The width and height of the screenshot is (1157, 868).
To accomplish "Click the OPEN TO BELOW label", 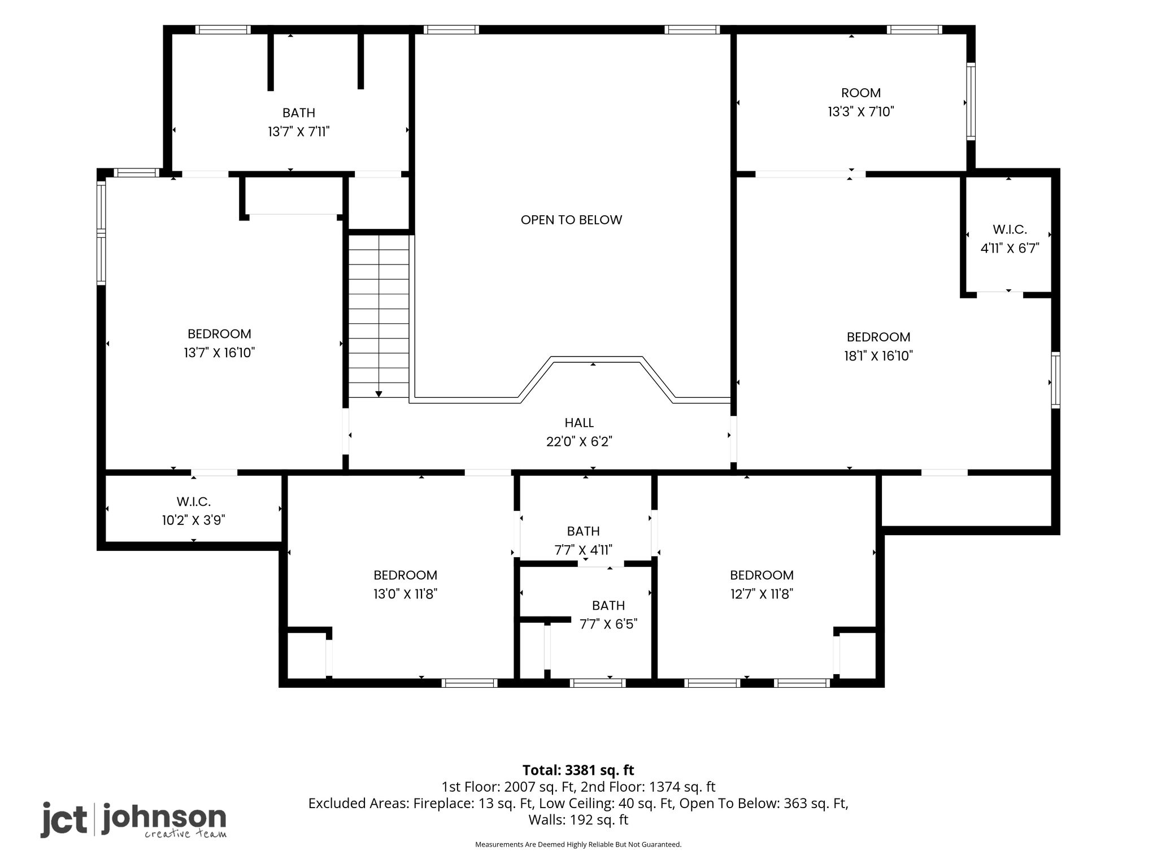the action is point(571,220).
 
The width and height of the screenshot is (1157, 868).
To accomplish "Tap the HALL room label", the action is point(579,423).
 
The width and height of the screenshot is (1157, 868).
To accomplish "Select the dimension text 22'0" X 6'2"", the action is point(579,441).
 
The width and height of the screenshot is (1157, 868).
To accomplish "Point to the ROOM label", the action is point(861,93).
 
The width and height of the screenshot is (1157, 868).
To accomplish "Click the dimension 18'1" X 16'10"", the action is point(878,355).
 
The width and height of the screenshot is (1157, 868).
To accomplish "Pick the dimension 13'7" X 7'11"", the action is point(299,132).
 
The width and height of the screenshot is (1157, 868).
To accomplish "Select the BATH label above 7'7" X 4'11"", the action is point(584,531).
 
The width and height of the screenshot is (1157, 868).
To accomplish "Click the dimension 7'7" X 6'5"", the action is point(608,624).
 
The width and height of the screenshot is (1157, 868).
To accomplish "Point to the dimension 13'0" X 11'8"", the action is point(405,594).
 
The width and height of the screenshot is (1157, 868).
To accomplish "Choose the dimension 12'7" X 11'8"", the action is point(762,594).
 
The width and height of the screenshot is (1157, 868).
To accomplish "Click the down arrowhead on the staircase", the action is point(379,394).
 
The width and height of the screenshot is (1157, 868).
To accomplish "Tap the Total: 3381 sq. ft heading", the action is point(578,770).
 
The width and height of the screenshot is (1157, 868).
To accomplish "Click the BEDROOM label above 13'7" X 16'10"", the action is point(219,334).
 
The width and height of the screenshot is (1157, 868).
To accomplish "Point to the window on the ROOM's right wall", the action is point(971,102).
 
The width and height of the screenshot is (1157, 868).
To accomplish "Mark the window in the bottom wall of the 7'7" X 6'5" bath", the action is point(598,683).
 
